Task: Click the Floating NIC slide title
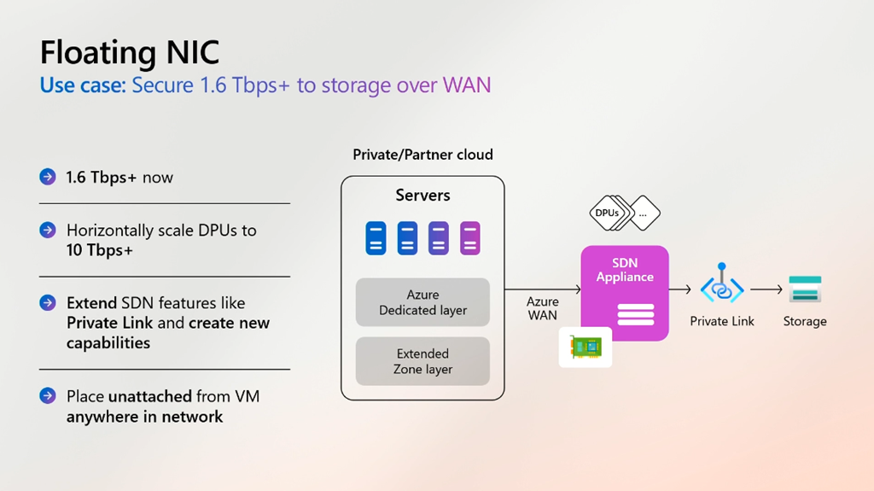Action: [130, 52]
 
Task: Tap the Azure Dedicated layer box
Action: [422, 302]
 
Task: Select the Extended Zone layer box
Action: [422, 361]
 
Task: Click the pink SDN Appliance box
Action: [625, 294]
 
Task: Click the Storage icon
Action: [804, 289]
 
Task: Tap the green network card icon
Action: [586, 347]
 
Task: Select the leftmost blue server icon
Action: [376, 238]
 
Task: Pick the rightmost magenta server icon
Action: [470, 238]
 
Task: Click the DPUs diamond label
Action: [607, 213]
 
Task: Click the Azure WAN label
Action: [542, 308]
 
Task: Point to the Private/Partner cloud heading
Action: [422, 155]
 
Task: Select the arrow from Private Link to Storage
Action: [766, 289]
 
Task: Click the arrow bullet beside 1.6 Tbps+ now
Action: [48, 177]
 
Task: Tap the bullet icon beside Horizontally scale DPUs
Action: [48, 230]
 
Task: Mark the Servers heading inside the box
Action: [422, 196]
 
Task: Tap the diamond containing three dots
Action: [643, 213]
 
